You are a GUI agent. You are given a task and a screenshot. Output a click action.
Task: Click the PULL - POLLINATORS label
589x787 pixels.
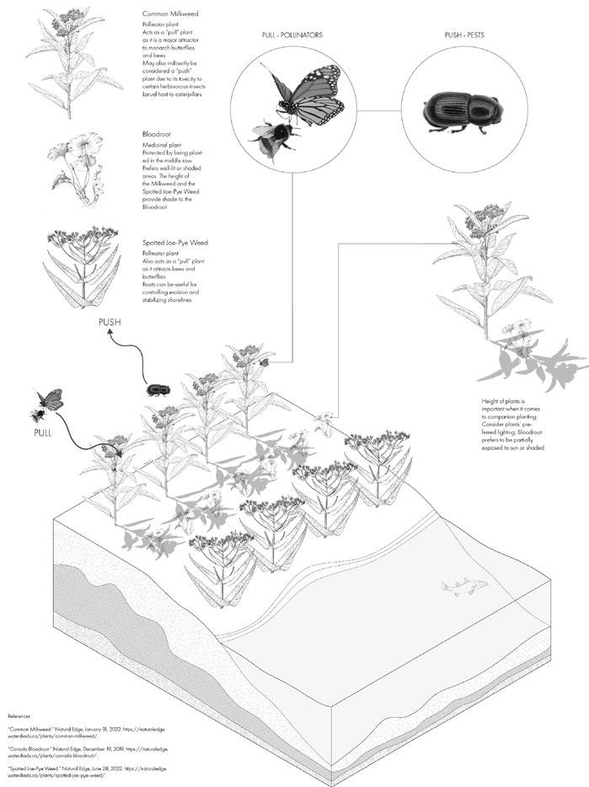pyautogui.click(x=293, y=36)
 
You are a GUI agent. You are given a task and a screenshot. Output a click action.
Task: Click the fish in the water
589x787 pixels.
pyautogui.click(x=458, y=587)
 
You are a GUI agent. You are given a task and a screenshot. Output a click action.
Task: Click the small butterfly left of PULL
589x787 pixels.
pyautogui.click(x=49, y=398)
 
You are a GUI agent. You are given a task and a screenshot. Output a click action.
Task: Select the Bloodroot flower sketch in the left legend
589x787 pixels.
pyautogui.click(x=84, y=163)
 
